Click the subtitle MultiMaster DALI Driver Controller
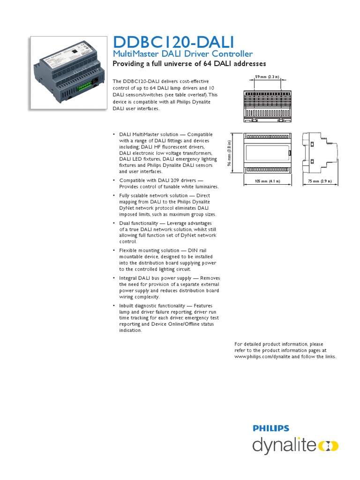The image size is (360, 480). (x=183, y=54)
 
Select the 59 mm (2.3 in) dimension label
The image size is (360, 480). (x=267, y=76)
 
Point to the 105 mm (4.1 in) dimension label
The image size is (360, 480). (x=267, y=180)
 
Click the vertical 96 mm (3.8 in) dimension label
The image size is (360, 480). (x=230, y=152)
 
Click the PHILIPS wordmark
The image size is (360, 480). (x=271, y=428)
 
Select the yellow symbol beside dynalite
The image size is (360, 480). (x=328, y=445)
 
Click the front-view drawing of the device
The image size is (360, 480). (x=267, y=153)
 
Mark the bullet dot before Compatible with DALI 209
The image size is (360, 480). (x=114, y=180)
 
